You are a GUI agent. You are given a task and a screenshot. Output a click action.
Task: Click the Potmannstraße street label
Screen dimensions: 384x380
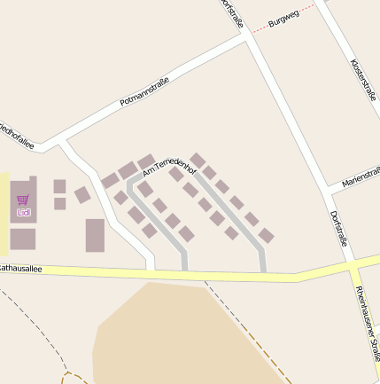[144, 92]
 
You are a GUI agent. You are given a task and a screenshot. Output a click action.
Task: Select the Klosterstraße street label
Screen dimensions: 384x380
[363, 80]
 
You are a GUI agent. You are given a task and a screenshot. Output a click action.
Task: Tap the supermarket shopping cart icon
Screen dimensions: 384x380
[23, 200]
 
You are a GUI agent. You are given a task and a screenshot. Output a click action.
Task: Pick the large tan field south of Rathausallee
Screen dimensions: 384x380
[177, 337]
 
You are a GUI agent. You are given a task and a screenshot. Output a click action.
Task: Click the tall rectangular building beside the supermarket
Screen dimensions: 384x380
[95, 235]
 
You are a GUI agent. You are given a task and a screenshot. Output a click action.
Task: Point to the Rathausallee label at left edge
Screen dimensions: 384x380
[20, 267]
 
